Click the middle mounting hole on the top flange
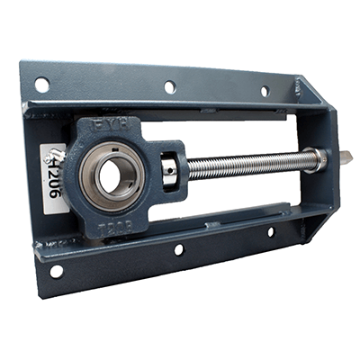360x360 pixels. (x=170, y=87)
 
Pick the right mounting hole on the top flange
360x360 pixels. (x=265, y=91)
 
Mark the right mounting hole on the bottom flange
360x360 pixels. (x=270, y=232)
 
